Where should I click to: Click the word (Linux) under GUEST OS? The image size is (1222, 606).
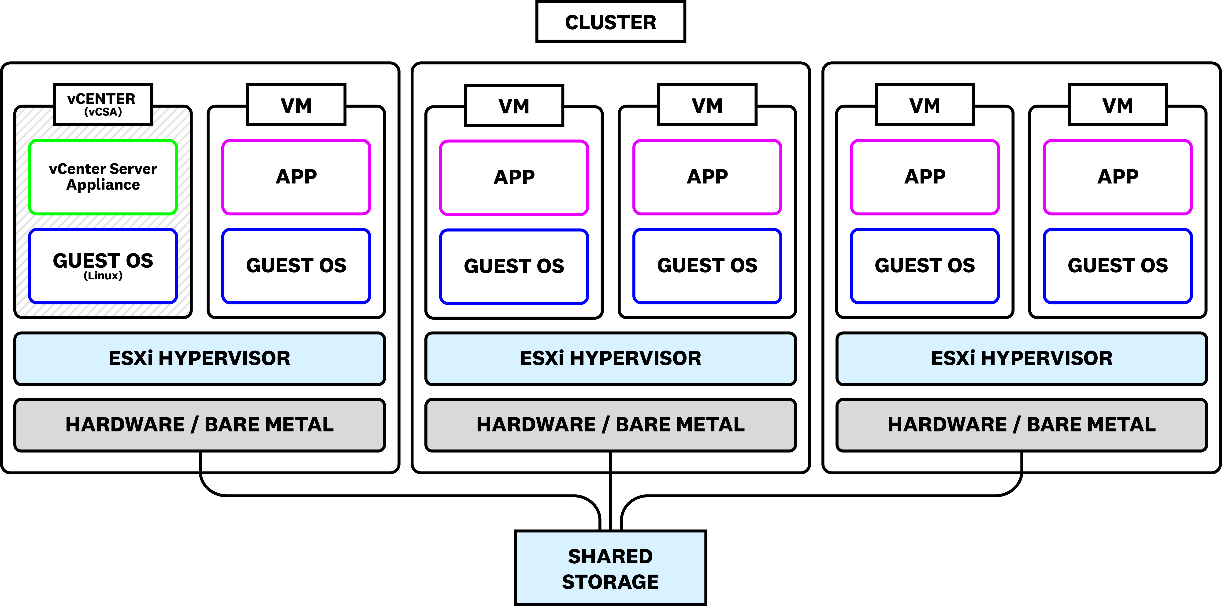click(x=103, y=276)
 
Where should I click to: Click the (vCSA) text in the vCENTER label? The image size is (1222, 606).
click(x=103, y=112)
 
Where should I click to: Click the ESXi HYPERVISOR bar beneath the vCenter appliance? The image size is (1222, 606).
click(x=199, y=358)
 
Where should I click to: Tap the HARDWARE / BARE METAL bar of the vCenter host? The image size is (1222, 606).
click(x=199, y=425)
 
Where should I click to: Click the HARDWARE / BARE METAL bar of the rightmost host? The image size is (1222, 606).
click(x=1021, y=425)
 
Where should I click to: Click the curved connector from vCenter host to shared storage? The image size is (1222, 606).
click(x=379, y=495)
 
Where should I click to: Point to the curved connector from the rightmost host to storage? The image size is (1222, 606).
click(x=830, y=495)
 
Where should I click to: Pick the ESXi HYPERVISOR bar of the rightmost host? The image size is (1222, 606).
click(x=1021, y=358)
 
